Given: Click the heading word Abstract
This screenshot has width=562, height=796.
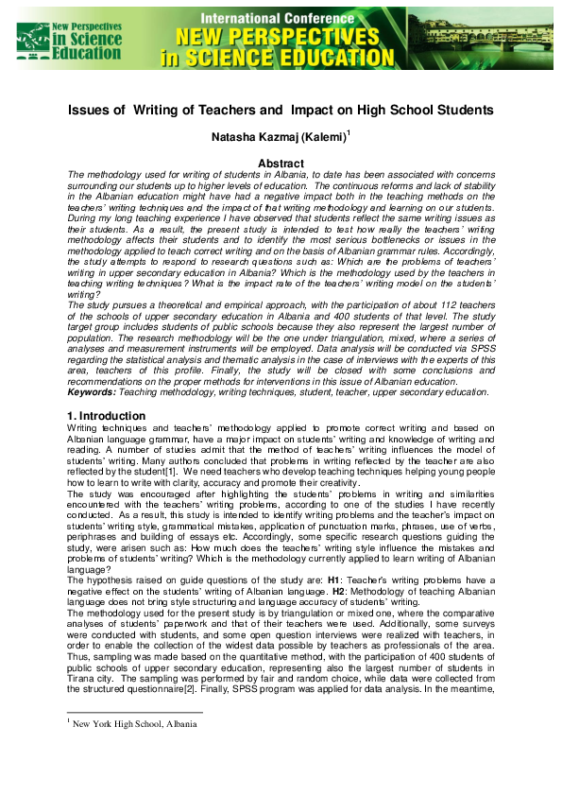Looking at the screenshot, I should pyautogui.click(x=281, y=164).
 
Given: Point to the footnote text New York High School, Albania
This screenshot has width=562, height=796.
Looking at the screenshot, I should pyautogui.click(x=134, y=724).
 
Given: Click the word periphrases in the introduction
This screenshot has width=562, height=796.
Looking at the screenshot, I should pyautogui.click(x=98, y=533).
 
